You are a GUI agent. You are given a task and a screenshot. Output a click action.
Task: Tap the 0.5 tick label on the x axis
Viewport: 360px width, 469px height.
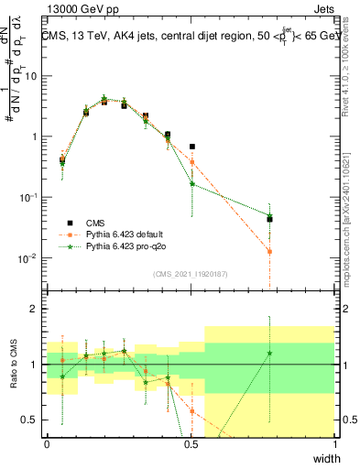(191, 443)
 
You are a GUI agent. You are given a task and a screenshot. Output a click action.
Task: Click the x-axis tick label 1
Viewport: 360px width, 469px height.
(334, 443)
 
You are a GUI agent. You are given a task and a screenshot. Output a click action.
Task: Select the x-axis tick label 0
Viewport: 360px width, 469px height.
(48, 443)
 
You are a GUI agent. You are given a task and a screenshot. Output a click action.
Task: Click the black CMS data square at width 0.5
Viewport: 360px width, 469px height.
(192, 147)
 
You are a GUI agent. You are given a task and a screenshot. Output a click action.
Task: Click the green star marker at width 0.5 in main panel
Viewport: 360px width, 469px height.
(192, 183)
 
